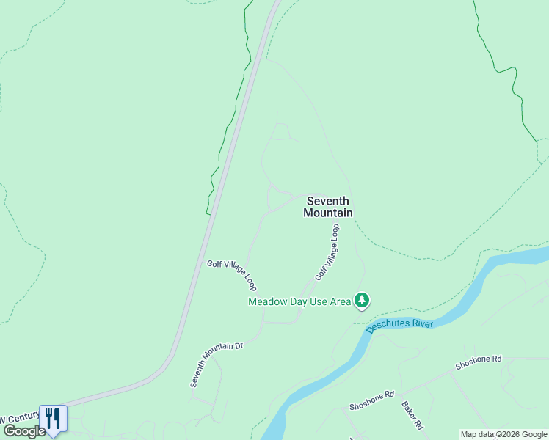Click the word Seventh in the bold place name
328,201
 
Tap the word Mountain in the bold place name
328,213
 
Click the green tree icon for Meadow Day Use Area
361,300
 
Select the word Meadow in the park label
268,301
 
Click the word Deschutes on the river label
389,326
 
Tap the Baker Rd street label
411,414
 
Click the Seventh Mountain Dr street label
215,364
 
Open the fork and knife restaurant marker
53,419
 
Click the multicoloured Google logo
24,431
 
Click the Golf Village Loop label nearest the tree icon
328,252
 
